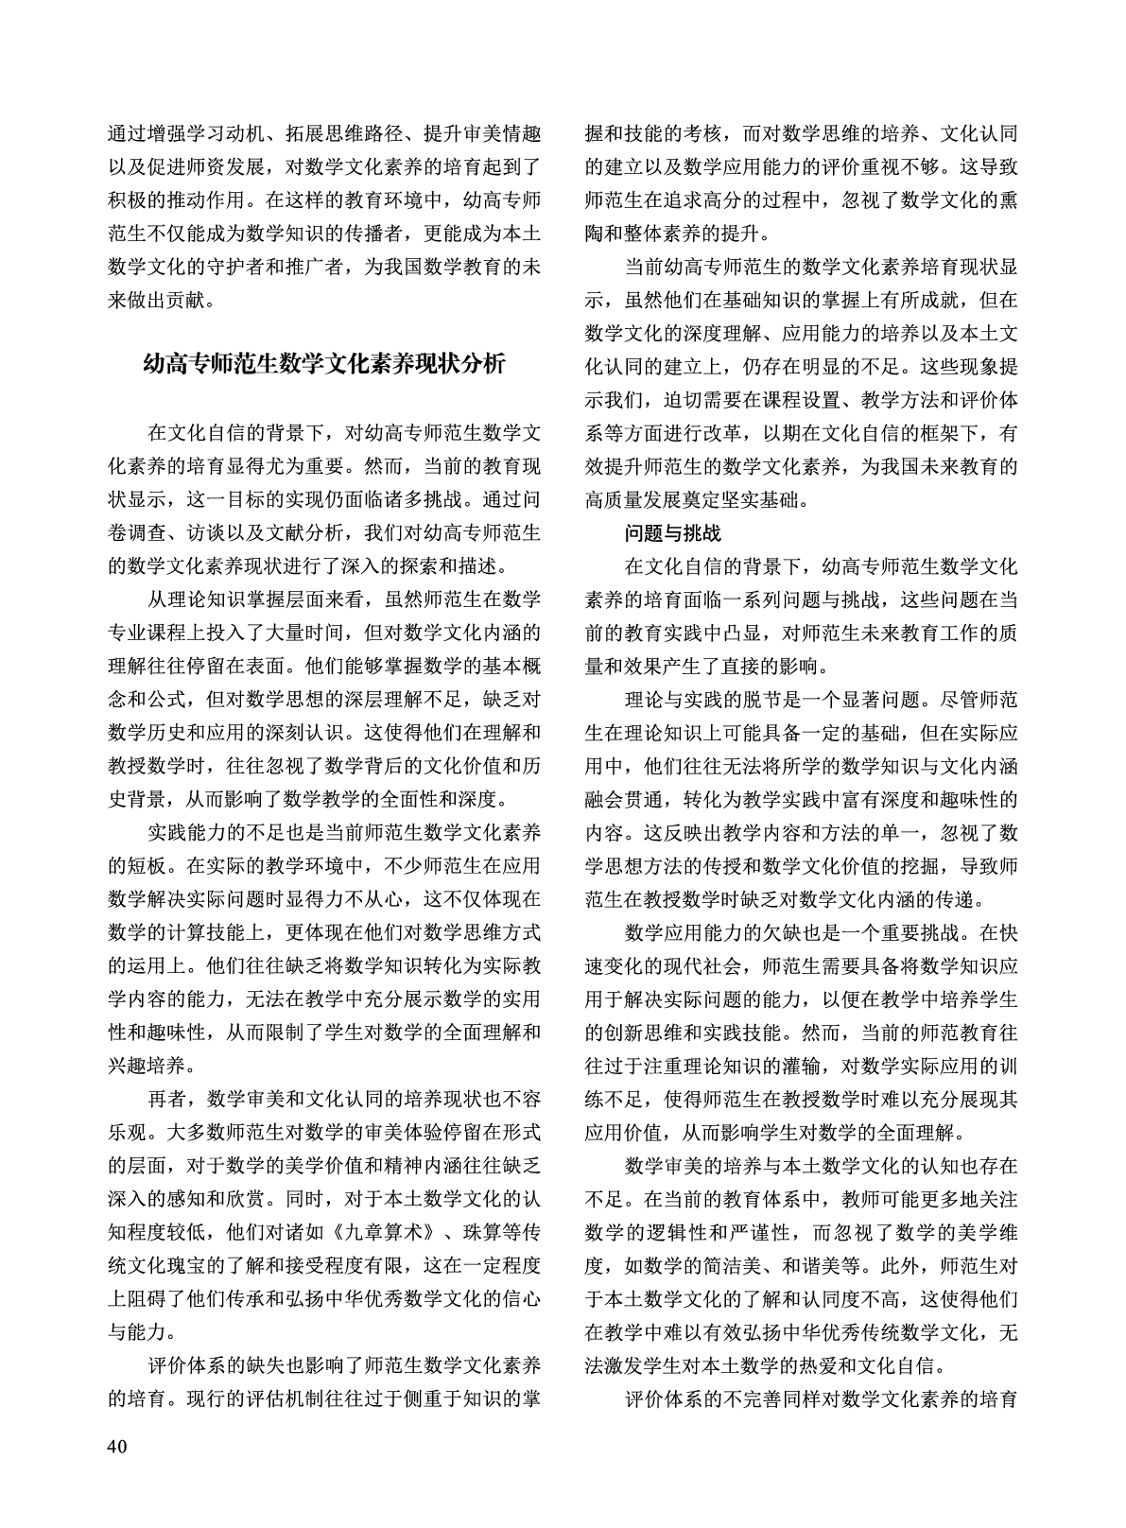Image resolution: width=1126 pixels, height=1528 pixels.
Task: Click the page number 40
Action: pyautogui.click(x=119, y=1446)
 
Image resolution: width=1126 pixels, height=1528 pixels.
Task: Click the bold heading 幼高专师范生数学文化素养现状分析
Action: pyautogui.click(x=324, y=364)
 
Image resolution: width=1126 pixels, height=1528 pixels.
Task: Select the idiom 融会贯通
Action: pyautogui.click(x=624, y=798)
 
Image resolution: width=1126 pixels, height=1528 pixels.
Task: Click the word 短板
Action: pyautogui.click(x=148, y=864)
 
